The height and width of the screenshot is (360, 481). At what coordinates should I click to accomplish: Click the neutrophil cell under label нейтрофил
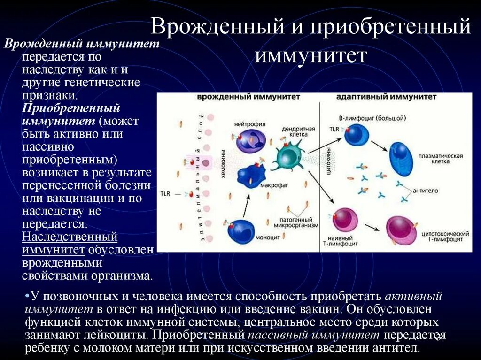click(250, 140)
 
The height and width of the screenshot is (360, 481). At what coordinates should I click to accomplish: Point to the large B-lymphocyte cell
click(357, 134)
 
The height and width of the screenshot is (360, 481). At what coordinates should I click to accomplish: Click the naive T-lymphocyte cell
click(345, 221)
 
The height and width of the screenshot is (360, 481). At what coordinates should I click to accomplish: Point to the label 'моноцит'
click(268, 237)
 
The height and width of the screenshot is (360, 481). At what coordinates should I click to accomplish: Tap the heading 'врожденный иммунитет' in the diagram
click(248, 97)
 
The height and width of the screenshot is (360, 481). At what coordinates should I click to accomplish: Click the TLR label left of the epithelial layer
click(165, 193)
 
